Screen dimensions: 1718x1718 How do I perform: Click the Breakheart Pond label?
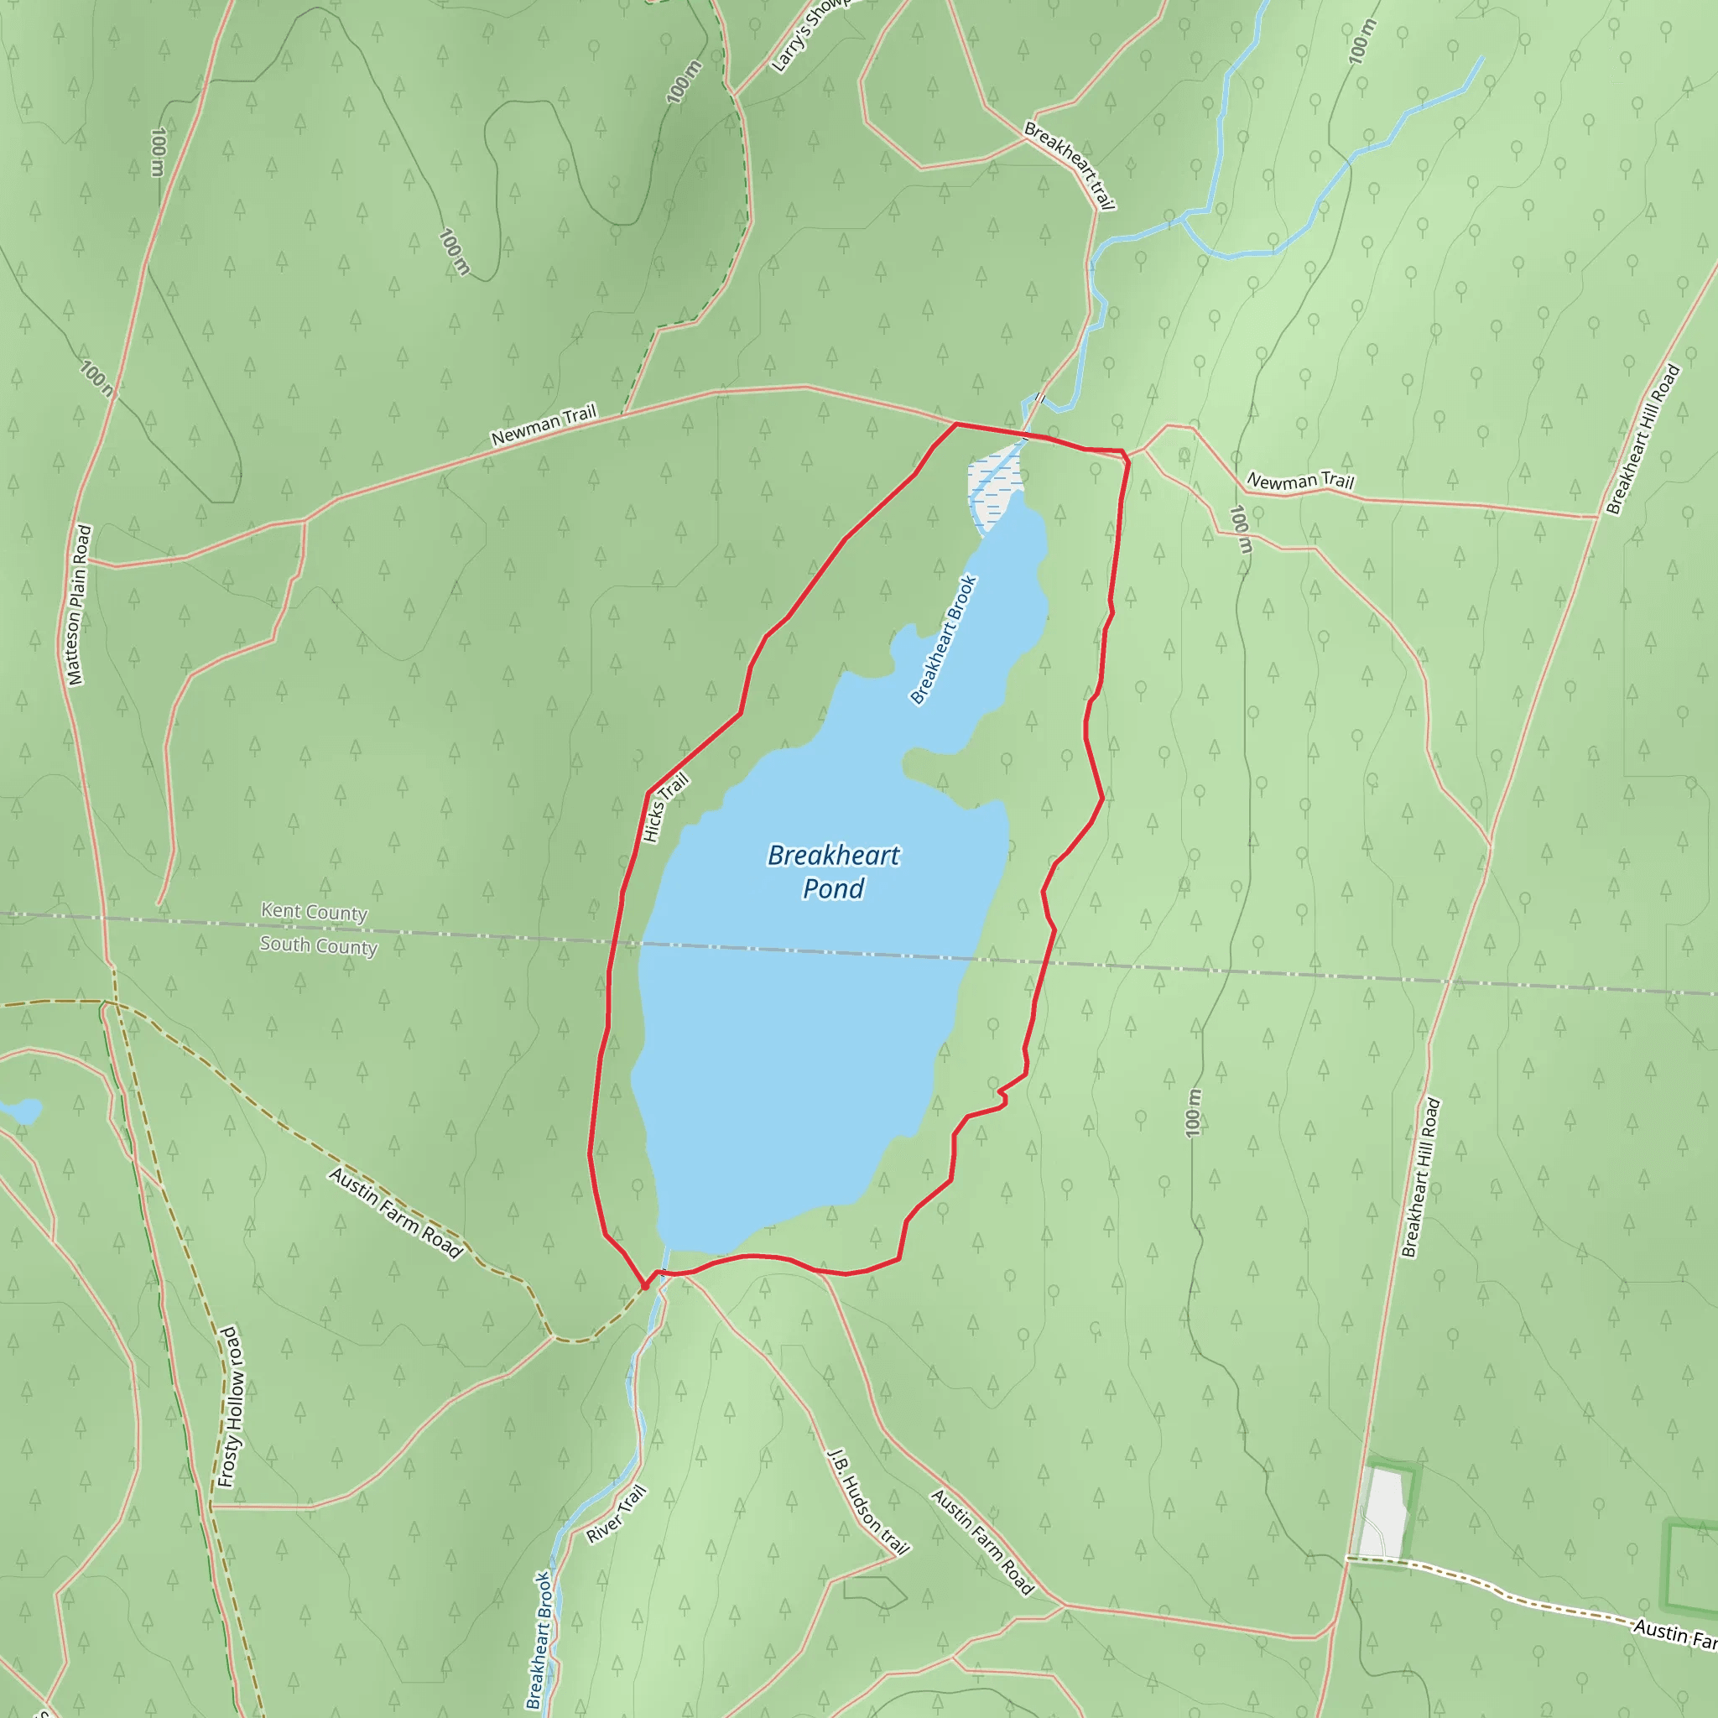833,872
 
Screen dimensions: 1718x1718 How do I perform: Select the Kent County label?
314,912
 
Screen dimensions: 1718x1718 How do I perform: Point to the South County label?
318,945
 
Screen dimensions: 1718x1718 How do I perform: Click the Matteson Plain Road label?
79,605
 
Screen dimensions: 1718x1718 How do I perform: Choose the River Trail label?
617,1514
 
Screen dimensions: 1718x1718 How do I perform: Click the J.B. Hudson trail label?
868,1502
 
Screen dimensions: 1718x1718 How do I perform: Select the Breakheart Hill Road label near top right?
1643,440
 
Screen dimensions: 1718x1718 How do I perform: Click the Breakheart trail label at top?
1070,166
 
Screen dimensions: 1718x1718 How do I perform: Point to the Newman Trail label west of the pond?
544,425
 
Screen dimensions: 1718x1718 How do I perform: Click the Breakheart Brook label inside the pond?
944,639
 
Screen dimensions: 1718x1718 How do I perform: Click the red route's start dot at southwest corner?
645,1286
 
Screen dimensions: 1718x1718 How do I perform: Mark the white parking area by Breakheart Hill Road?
1384,1512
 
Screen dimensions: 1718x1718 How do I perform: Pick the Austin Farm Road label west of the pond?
396,1213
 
